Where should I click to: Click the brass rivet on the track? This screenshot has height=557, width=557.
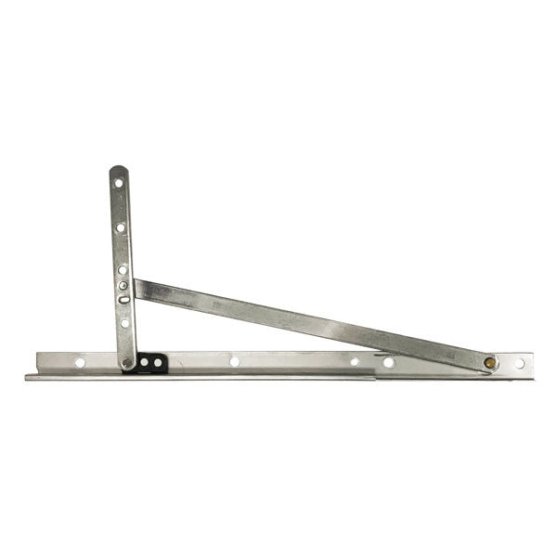pos(489,362)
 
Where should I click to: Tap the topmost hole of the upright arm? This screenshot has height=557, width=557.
pos(118,183)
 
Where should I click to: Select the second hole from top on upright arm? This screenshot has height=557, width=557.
pos(120,227)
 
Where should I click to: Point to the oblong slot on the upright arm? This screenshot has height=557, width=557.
pos(123,299)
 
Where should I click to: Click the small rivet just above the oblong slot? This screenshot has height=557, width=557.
pos(123,285)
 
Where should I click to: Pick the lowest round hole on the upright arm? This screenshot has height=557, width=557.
pos(124,323)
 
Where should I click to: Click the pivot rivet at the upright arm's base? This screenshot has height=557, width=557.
pos(128,361)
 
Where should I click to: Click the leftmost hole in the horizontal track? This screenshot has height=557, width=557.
pos(80,362)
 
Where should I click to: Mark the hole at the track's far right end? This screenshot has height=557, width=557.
pos(519,363)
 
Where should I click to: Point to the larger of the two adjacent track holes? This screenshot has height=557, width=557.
pos(389,362)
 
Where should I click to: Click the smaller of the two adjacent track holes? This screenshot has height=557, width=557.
pos(355,362)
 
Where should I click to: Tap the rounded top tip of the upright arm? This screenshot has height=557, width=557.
pos(117,169)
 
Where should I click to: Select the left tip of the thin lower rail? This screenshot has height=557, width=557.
pos(28,377)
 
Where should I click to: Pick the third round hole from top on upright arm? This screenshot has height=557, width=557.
pos(122,269)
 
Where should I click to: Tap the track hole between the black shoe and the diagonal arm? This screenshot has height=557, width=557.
pos(234,361)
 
